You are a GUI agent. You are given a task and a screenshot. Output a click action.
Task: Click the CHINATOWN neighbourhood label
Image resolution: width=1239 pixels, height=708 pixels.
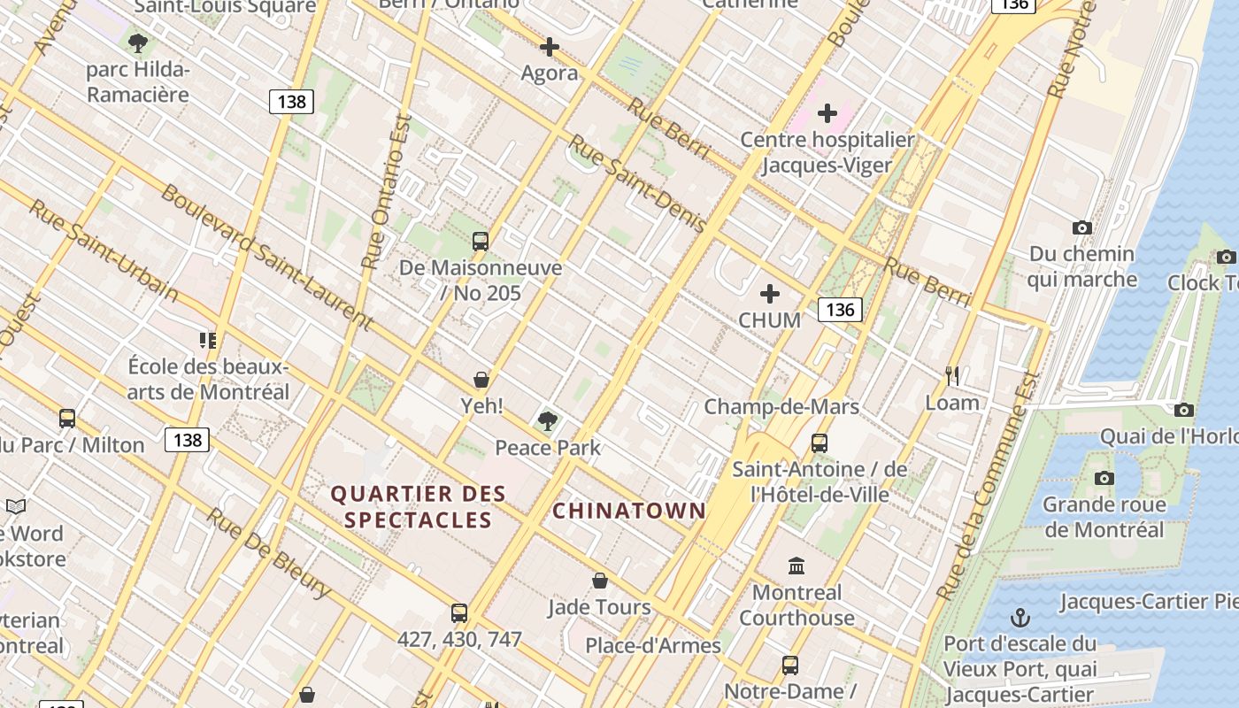pyautogui.click(x=629, y=511)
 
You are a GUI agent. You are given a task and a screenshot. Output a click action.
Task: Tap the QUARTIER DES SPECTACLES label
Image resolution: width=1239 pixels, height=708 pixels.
pyautogui.click(x=418, y=506)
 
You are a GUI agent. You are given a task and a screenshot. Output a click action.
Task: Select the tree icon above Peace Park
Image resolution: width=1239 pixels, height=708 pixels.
pyautogui.click(x=548, y=420)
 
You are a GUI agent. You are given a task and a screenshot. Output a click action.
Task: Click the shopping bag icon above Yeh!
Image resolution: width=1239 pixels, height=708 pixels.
pyautogui.click(x=481, y=380)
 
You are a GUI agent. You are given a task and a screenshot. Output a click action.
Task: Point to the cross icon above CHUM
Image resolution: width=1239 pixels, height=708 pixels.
pyautogui.click(x=770, y=294)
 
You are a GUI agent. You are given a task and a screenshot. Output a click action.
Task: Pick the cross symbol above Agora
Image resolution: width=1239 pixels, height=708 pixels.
pyautogui.click(x=550, y=47)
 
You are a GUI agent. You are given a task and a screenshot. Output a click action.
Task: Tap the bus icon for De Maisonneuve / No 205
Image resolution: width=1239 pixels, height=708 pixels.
pyautogui.click(x=481, y=241)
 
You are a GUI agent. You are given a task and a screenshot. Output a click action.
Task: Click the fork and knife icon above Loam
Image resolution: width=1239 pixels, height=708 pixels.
pyautogui.click(x=952, y=376)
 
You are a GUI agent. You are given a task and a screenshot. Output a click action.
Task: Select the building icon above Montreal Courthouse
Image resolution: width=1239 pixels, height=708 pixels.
pyautogui.click(x=796, y=566)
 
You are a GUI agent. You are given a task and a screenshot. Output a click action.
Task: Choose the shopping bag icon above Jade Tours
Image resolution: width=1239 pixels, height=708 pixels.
pyautogui.click(x=600, y=581)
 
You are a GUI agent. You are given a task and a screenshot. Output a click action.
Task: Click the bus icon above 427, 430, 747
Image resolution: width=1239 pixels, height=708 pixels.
pyautogui.click(x=459, y=612)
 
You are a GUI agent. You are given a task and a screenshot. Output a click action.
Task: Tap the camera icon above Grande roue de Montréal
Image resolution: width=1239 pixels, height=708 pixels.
pyautogui.click(x=1104, y=479)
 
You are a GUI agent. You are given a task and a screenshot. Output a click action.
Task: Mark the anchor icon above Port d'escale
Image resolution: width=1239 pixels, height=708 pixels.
pyautogui.click(x=1020, y=617)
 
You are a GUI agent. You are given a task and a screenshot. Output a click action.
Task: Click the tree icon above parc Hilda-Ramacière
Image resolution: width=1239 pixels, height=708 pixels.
pyautogui.click(x=137, y=42)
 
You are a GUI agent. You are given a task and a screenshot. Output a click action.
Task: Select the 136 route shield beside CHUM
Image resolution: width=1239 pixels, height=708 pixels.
pyautogui.click(x=840, y=309)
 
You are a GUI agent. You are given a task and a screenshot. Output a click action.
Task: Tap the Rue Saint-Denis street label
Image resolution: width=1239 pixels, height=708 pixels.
pyautogui.click(x=636, y=183)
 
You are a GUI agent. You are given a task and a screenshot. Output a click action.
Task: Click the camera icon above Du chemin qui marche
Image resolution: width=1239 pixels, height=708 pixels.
pyautogui.click(x=1081, y=228)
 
